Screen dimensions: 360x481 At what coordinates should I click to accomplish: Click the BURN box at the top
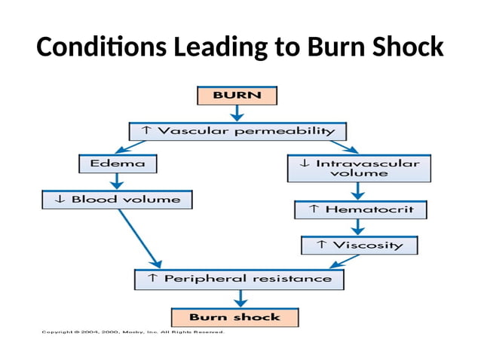pyautogui.click(x=237, y=96)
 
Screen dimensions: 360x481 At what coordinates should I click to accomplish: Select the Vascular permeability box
pyautogui.click(x=237, y=131)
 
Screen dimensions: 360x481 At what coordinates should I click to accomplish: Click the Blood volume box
pyautogui.click(x=117, y=200)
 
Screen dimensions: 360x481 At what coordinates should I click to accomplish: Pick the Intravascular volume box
pyautogui.click(x=358, y=168)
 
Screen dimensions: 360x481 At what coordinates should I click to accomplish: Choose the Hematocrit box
pyautogui.click(x=359, y=209)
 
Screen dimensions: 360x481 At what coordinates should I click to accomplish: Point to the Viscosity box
pyautogui.click(x=359, y=246)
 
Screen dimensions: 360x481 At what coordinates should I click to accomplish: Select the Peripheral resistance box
pyautogui.click(x=239, y=279)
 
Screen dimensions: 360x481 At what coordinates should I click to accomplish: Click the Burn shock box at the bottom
pyautogui.click(x=234, y=317)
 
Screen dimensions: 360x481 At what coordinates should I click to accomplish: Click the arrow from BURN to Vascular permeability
pyautogui.click(x=237, y=113)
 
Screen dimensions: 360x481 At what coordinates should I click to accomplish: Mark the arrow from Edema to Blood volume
pyautogui.click(x=117, y=182)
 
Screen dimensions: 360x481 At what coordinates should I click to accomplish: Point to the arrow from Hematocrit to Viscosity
pyautogui.click(x=359, y=228)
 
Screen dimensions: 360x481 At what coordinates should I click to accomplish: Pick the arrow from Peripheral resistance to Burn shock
pyautogui.click(x=236, y=298)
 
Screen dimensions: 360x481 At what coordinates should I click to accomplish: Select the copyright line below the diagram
pyautogui.click(x=136, y=332)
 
